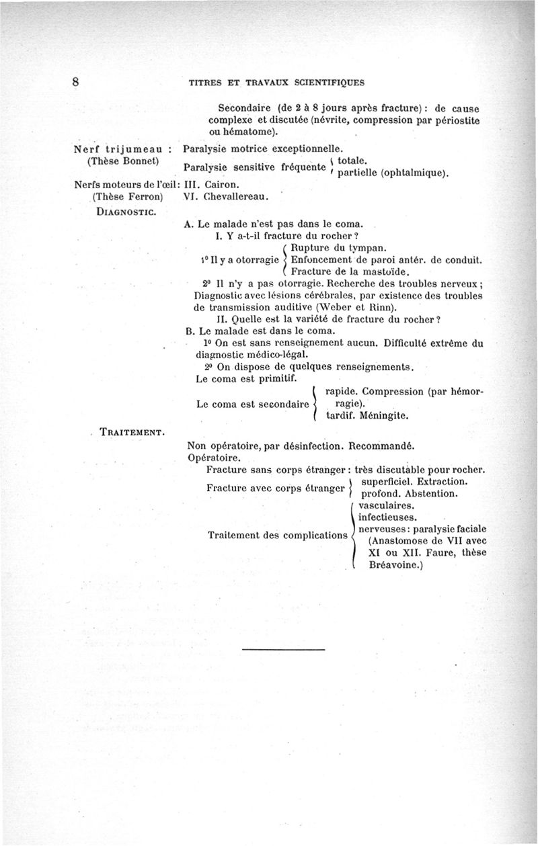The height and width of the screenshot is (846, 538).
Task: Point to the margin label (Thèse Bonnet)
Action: point(122,161)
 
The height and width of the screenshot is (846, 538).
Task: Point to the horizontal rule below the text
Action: point(283,650)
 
